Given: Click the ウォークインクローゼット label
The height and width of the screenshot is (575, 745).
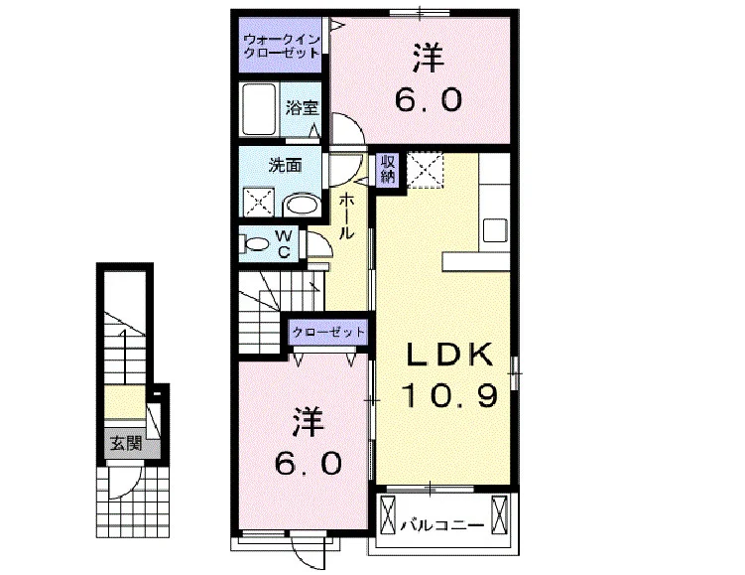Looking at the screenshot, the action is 282,46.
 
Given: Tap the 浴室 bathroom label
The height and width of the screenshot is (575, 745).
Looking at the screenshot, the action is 302,108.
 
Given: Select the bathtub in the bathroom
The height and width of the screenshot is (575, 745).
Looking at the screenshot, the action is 259,110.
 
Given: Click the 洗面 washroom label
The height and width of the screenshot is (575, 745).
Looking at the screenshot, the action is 285,166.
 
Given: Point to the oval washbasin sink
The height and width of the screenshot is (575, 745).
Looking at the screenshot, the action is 303,205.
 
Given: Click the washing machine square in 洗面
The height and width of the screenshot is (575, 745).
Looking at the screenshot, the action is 259,203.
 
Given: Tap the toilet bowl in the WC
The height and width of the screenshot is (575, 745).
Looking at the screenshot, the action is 255,244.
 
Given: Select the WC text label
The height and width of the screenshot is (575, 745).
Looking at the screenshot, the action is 284,244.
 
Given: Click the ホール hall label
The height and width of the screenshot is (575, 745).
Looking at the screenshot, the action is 346,216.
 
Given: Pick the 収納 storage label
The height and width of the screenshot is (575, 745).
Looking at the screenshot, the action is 388,169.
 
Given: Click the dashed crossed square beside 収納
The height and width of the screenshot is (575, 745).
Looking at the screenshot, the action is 426,170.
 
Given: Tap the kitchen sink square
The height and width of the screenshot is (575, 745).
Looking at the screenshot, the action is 495,230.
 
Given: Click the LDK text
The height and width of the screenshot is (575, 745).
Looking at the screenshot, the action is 448,355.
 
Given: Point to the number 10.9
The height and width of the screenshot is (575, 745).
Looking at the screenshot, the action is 450,395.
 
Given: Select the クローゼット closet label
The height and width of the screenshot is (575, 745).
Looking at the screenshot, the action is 328,332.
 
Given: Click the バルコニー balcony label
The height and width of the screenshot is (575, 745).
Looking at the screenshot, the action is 441,525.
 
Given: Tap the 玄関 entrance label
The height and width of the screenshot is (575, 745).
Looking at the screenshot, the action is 126,443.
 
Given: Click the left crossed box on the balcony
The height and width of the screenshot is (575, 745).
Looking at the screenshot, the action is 388,515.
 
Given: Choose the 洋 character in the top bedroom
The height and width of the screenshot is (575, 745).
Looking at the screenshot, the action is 429,58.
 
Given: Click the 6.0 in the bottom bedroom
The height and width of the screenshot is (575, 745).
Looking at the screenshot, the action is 308,463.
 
